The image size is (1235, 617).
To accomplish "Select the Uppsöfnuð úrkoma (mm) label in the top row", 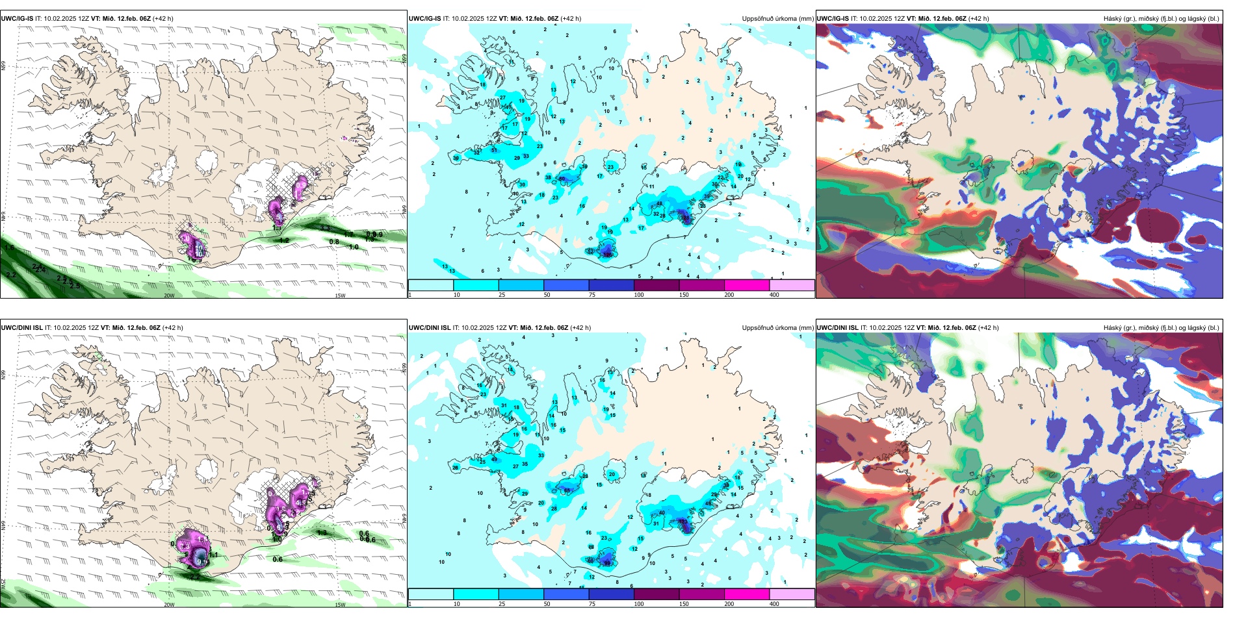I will tap(777, 19).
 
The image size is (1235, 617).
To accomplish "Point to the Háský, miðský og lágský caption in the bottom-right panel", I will tap(1161, 328).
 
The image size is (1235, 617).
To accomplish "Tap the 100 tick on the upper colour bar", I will tap(639, 295).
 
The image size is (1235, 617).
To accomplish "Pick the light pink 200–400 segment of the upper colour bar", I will tap(792, 285).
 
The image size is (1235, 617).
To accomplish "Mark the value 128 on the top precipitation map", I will tap(608, 255).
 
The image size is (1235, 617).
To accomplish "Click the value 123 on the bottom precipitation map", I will tap(682, 521).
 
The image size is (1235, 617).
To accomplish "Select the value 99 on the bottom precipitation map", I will tap(607, 564).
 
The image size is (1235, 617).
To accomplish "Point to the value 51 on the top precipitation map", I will tap(494, 151).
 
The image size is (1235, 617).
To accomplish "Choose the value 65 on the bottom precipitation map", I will tap(567, 490).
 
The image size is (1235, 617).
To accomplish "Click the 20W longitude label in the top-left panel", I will tap(169, 296).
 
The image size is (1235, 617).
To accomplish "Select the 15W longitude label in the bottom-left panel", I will tap(340, 605).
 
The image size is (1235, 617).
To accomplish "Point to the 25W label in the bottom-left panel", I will tap(3, 584).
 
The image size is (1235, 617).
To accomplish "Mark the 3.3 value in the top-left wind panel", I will tap(325, 229).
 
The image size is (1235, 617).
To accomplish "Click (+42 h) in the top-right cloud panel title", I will tap(978, 19).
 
